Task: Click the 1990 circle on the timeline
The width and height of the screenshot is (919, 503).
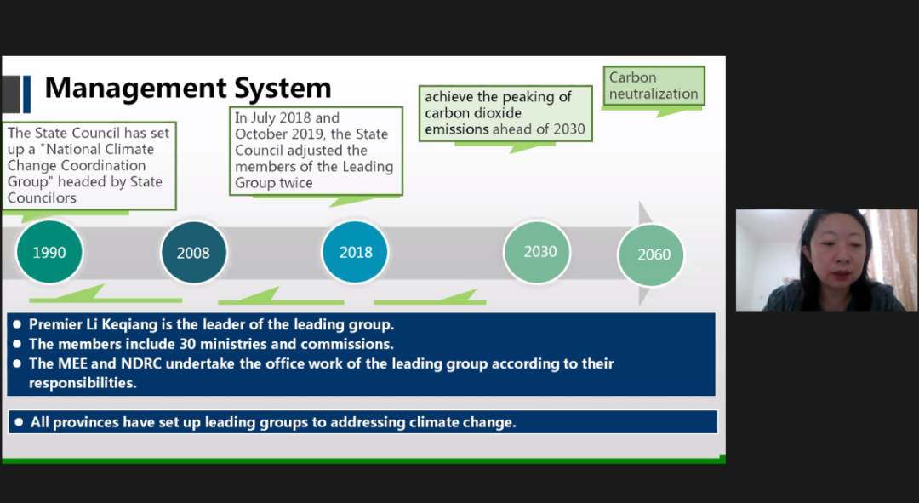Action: point(49,252)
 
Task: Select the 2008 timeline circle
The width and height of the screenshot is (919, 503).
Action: point(193,253)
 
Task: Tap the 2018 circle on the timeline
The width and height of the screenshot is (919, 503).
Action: point(355,252)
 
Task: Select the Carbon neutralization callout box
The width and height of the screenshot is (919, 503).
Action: point(654,86)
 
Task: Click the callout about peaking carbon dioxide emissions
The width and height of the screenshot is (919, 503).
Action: point(505,113)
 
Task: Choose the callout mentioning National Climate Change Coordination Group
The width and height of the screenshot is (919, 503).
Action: point(89,165)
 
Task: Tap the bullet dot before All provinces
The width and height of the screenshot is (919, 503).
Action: point(19,422)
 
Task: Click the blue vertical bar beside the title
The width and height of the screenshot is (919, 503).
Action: point(27,94)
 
